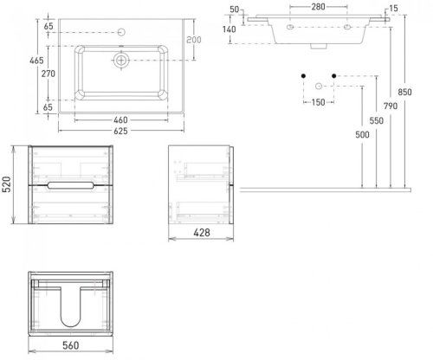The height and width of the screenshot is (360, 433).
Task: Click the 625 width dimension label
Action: [120, 131]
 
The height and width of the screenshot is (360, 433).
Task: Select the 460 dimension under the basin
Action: [120, 119]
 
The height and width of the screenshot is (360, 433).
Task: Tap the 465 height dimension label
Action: [36, 61]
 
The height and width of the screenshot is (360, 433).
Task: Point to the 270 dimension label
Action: [48, 74]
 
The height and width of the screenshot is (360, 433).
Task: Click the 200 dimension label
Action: [194, 40]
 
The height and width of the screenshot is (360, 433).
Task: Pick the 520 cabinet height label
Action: [6, 184]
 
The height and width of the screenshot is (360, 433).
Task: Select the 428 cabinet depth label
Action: [202, 233]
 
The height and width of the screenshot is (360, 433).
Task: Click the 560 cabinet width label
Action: [71, 345]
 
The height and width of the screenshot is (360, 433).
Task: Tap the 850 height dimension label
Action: [404, 92]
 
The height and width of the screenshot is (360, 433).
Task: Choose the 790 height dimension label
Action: [391, 106]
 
